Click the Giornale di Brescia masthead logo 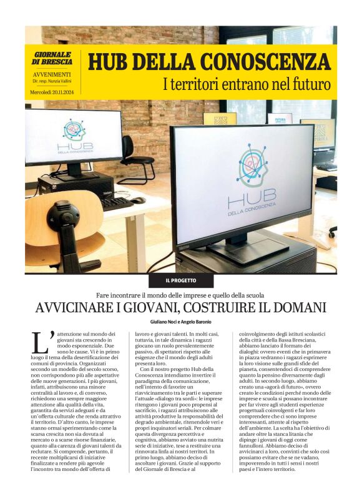52,58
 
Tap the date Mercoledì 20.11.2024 52,92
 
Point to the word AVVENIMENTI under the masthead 49,74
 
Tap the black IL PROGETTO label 180,281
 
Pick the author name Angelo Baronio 198,322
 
